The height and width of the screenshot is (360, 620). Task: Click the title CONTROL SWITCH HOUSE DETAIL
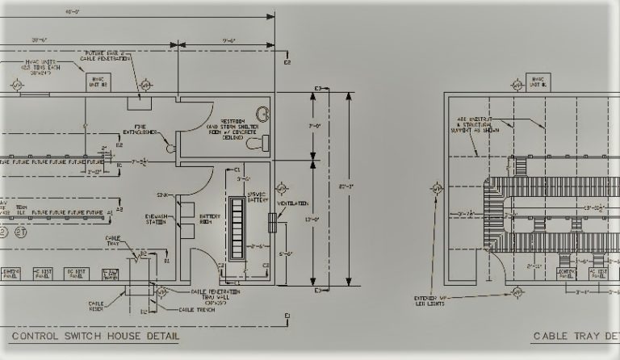pos(95,336)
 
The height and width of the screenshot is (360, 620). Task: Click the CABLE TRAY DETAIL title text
pos(575,337)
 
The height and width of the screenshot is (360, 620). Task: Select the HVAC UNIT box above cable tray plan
pos(536,82)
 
